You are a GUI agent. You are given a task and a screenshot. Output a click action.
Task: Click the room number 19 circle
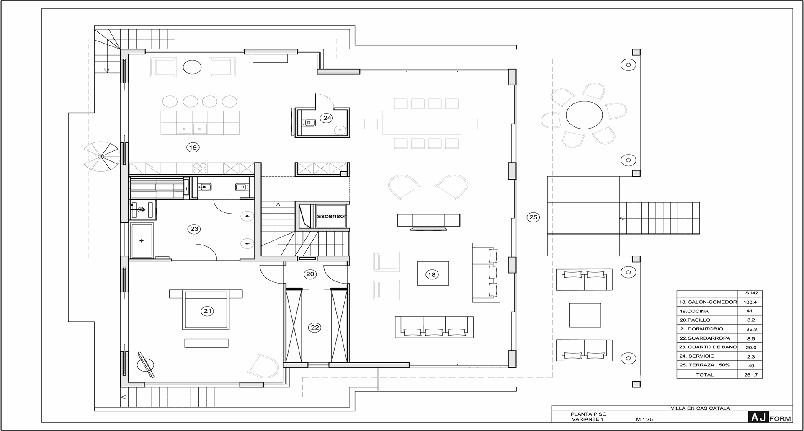tap(193, 147)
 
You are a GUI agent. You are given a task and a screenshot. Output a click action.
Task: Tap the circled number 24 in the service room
tap(327, 118)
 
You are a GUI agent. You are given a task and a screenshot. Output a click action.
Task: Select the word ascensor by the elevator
tap(332, 216)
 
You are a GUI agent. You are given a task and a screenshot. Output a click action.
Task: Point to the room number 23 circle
tap(194, 229)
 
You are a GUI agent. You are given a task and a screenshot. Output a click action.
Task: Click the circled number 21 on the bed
tap(207, 311)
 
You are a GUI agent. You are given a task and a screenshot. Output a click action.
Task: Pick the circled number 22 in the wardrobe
tap(315, 328)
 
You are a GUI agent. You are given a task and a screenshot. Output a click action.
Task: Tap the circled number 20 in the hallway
tap(310, 274)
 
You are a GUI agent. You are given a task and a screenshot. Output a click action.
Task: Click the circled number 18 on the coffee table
tap(431, 275)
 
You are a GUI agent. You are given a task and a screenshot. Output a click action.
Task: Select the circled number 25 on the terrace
tap(533, 217)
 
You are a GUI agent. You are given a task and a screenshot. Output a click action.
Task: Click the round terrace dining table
tap(584, 114)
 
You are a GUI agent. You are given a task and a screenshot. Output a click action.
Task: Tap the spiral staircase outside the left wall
tap(101, 157)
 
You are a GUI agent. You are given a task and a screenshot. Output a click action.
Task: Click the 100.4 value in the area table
tap(750, 302)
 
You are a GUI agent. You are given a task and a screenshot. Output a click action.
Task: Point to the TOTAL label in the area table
tap(705, 374)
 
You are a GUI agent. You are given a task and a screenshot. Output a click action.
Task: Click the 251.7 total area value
tap(751, 374)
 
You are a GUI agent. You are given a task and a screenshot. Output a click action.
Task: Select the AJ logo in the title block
tap(758, 417)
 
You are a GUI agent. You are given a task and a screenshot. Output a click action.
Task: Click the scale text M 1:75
tap(644, 419)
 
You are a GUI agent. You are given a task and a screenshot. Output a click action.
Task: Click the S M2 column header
tap(751, 293)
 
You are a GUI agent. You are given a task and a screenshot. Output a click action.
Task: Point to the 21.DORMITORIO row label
tap(701, 329)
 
